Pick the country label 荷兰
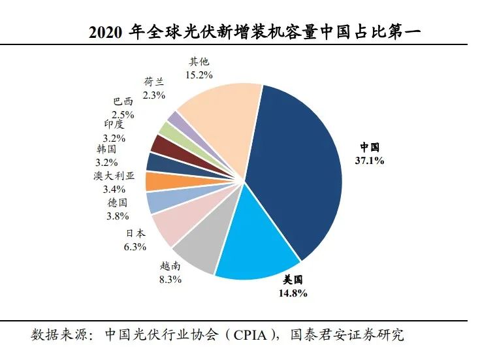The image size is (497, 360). [154, 82]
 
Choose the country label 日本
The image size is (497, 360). [136, 234]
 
